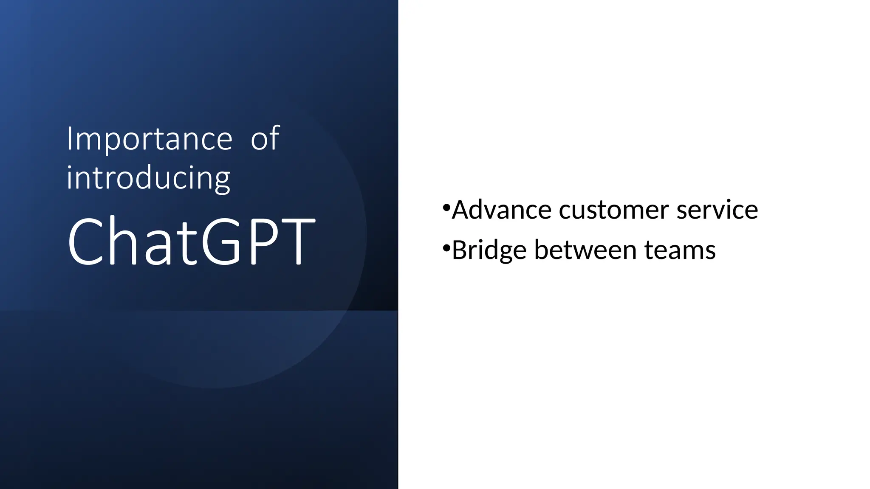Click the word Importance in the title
[x=150, y=139]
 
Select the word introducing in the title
[x=148, y=179]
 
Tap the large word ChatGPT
[x=191, y=242]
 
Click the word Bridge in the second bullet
[x=489, y=250]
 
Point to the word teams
[x=680, y=250]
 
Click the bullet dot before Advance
[x=446, y=208]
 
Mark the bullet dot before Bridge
[x=446, y=247]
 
